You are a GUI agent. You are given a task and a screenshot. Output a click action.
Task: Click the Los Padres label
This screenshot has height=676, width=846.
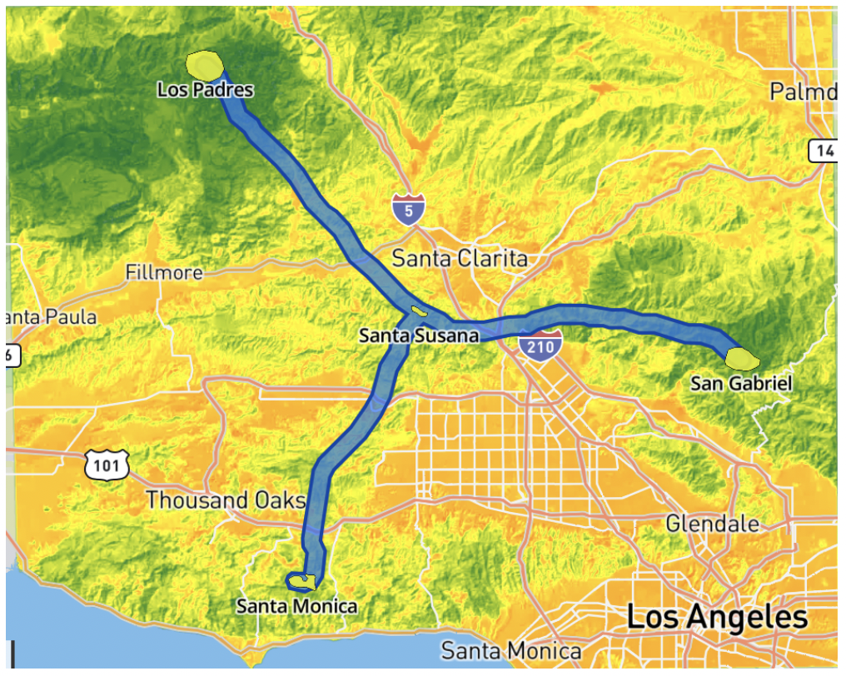pos(205,89)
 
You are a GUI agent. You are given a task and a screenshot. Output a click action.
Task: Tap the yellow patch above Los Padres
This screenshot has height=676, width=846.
pos(204,65)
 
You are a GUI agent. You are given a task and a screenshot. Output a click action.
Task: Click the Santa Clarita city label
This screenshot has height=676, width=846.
pos(460,258)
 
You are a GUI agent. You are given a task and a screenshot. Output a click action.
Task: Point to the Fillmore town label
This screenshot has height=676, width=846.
pos(164,272)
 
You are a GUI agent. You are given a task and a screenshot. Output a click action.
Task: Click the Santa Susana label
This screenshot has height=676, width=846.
pos(419,336)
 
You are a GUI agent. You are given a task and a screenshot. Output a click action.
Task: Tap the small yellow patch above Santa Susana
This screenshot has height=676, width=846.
pos(419,313)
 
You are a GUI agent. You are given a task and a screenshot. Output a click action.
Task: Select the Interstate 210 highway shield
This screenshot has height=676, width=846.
pos(540,344)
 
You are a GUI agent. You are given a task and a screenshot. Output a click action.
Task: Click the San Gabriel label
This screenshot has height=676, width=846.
pos(741,383)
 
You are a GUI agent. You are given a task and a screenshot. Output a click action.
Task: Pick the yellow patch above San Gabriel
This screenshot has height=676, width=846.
pos(741,358)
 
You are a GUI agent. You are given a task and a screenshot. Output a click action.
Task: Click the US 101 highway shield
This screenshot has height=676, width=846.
pos(107,465)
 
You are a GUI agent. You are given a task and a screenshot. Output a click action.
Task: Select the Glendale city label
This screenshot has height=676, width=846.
pos(712,524)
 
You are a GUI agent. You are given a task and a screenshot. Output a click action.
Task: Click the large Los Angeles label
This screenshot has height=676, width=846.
pos(716,617)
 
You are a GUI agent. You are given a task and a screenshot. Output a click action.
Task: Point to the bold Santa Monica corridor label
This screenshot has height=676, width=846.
pos(296,606)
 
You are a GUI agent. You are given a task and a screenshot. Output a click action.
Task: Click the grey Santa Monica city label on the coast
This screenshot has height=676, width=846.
pos(510,650)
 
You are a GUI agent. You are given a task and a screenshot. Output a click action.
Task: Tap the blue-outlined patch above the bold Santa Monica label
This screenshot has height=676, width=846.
pos(301,580)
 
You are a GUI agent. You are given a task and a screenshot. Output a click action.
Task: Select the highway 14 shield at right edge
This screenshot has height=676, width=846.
pos(823,151)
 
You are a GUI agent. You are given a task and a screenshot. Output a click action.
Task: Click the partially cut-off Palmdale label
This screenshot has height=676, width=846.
pos(803,91)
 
